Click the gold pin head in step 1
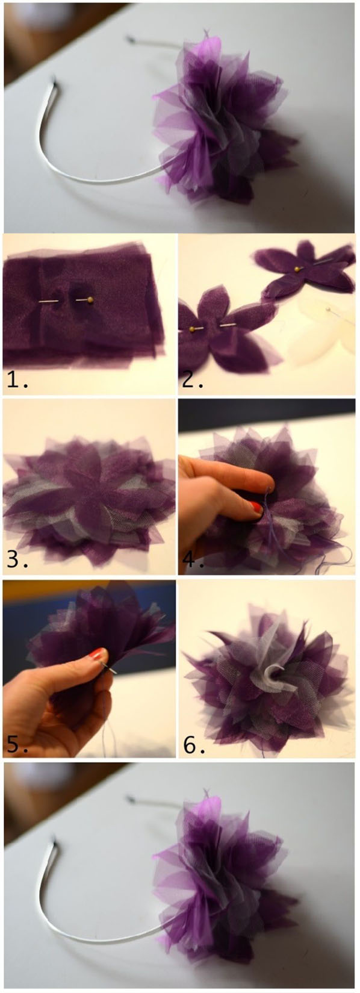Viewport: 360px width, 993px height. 90,300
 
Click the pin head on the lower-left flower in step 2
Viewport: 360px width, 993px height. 193,328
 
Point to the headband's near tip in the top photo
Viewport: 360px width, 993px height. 55,82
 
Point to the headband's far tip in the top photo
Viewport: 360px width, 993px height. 131,40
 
